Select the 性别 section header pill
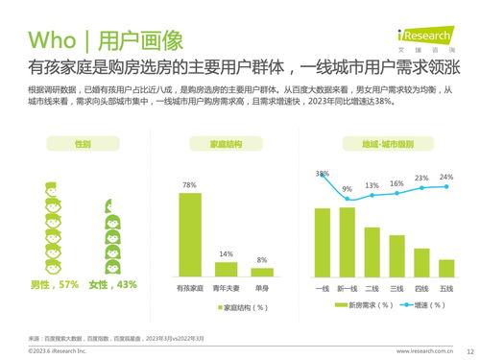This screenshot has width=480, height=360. point(84,144)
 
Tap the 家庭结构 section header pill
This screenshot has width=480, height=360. point(226,144)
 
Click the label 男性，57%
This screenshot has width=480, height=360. point(55,284)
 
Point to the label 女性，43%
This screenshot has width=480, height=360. point(113,284)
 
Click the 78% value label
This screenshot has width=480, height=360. point(189,184)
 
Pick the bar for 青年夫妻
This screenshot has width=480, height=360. point(226,268)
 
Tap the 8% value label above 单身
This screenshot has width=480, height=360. point(261,260)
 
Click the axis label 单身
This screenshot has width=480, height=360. point(261,287)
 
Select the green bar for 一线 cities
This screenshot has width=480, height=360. point(323,242)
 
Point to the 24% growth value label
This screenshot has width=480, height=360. point(446,178)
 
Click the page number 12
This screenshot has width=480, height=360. point(468,351)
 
